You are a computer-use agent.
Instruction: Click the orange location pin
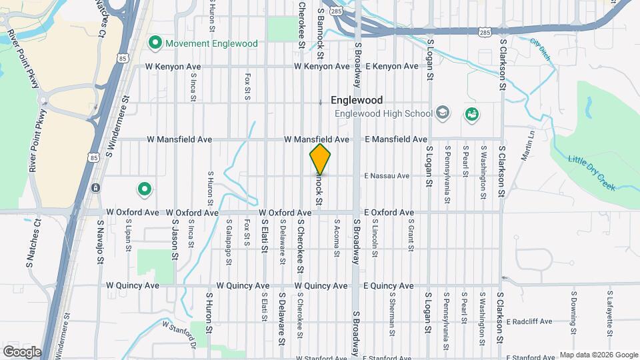pyautogui.click(x=320, y=159)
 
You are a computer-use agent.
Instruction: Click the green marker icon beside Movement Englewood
pyautogui.click(x=155, y=44)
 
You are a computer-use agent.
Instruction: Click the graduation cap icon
pyautogui.click(x=441, y=113)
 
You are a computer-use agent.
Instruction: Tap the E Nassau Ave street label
pyautogui.click(x=387, y=176)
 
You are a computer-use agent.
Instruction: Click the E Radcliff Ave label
pyautogui.click(x=529, y=321)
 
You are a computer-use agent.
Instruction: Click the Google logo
pyautogui.click(x=21, y=351)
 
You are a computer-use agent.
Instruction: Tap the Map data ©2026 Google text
pyautogui.click(x=599, y=355)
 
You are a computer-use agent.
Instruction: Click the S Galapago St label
pyautogui.click(x=228, y=240)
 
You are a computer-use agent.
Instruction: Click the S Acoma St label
pyautogui.click(x=337, y=238)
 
